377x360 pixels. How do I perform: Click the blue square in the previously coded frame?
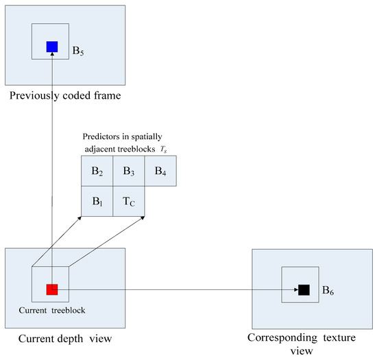(52, 47)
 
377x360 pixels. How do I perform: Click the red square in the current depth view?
(52, 289)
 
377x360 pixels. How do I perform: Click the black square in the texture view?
(304, 290)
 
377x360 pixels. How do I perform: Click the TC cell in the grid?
(130, 202)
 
